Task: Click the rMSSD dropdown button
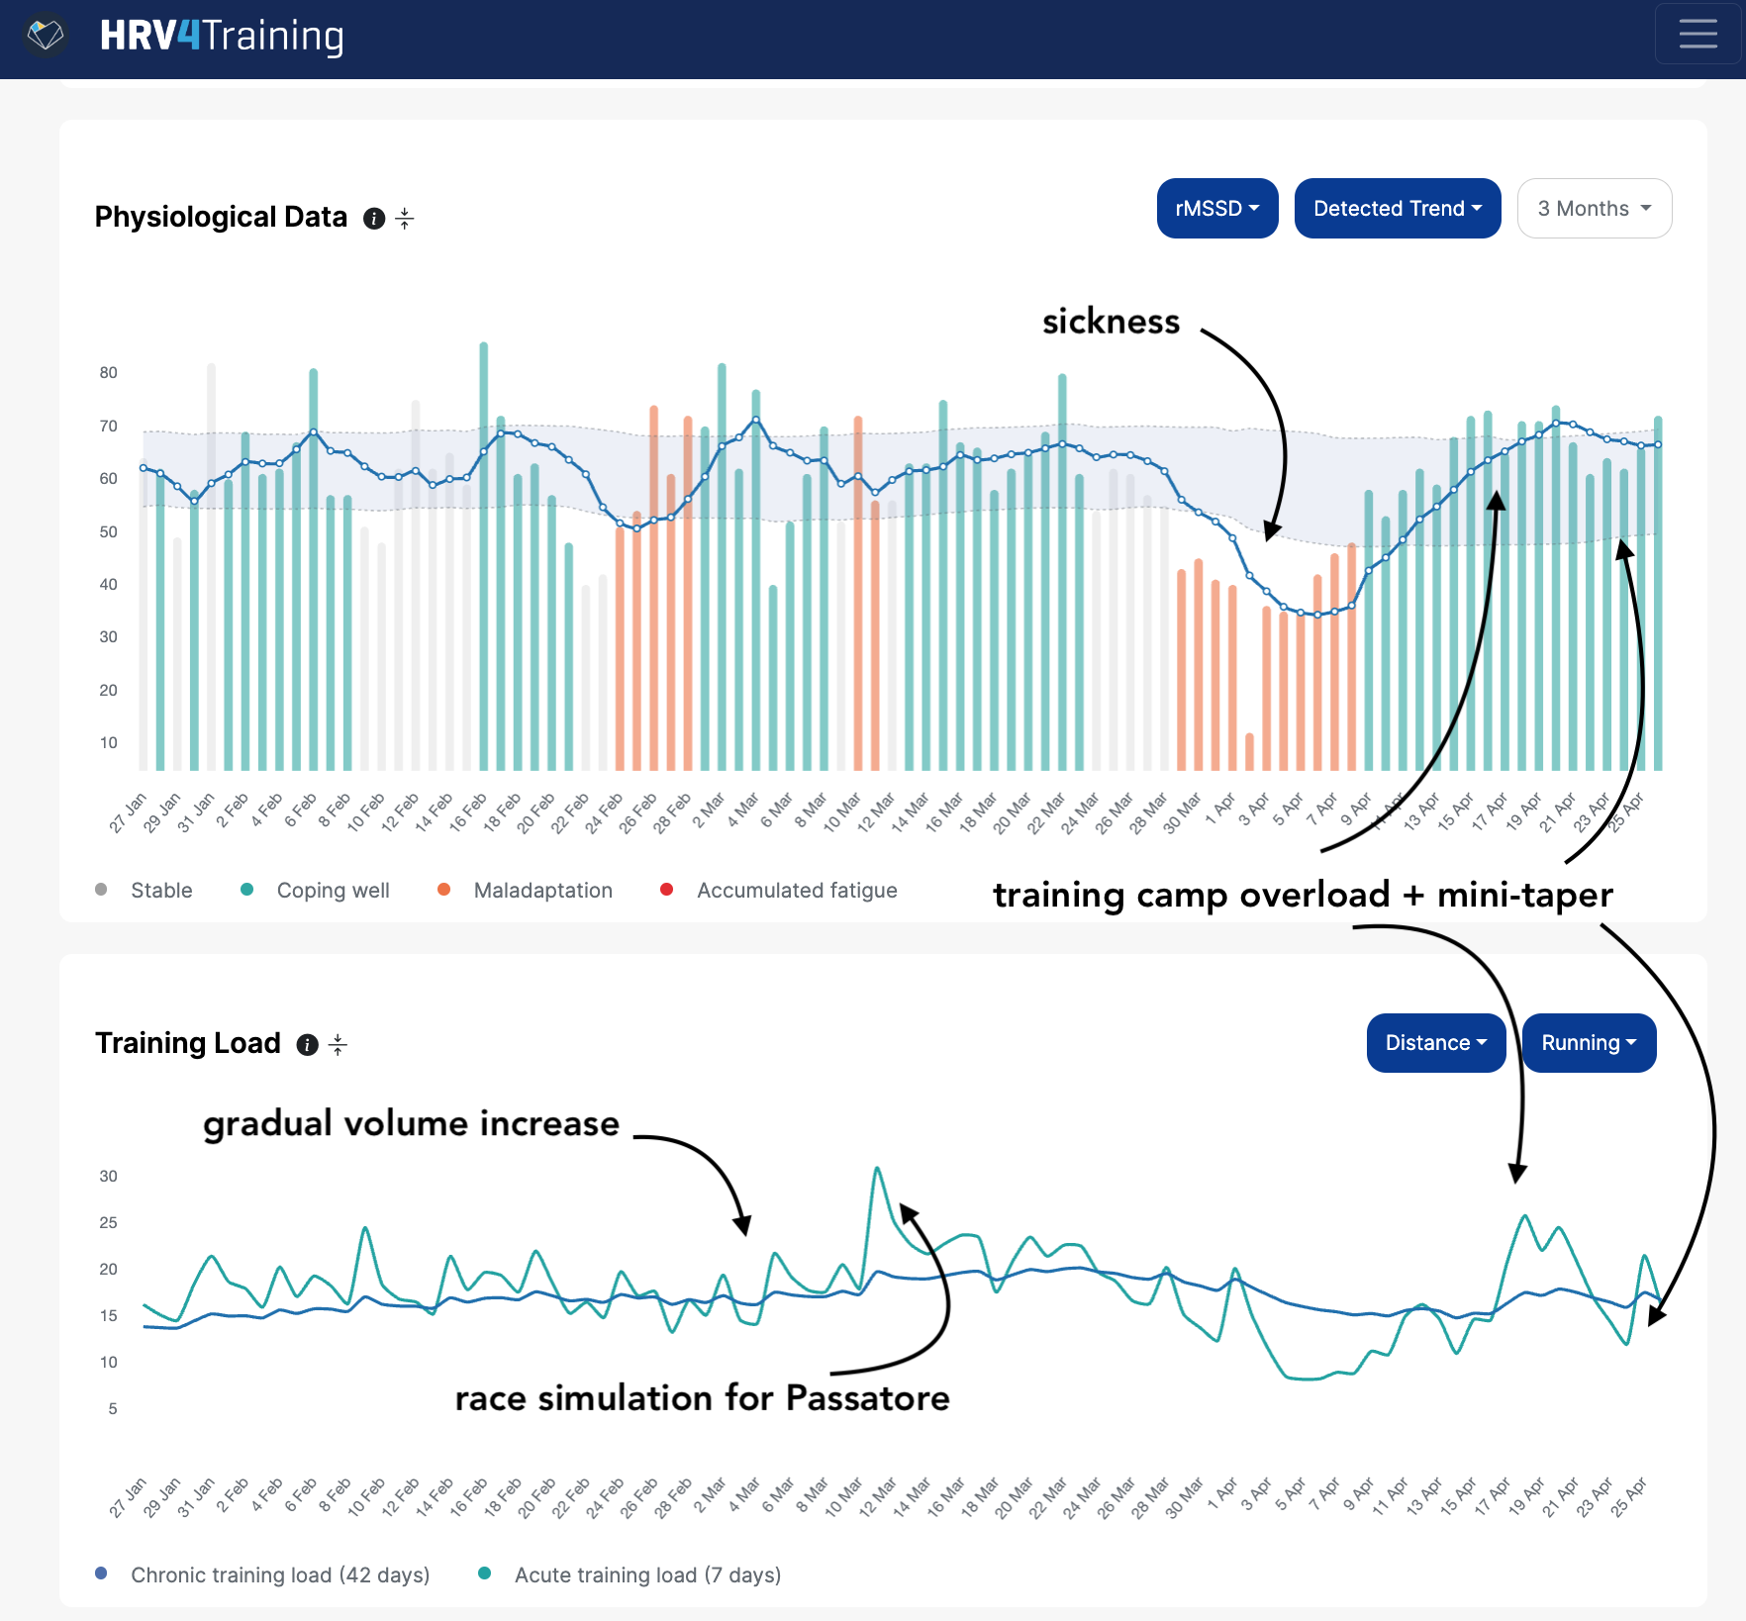tap(1216, 209)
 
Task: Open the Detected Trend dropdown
tap(1397, 209)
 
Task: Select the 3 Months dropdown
tap(1594, 209)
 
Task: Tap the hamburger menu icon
tap(1697, 35)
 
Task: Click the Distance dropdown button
tap(1435, 1043)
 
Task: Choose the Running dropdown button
tap(1589, 1043)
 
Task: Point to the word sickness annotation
tap(1111, 322)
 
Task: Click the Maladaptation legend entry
tap(542, 891)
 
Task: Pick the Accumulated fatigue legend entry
tap(796, 891)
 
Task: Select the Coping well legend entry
tap(333, 891)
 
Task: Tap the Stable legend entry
tap(161, 891)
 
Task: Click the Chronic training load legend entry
tap(280, 1574)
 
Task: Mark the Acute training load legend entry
tap(647, 1574)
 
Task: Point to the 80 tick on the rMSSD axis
tap(108, 373)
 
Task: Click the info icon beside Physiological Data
tap(374, 219)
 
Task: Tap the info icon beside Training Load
tap(308, 1045)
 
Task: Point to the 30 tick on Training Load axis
tap(108, 1177)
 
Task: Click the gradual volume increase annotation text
tap(411, 1124)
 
